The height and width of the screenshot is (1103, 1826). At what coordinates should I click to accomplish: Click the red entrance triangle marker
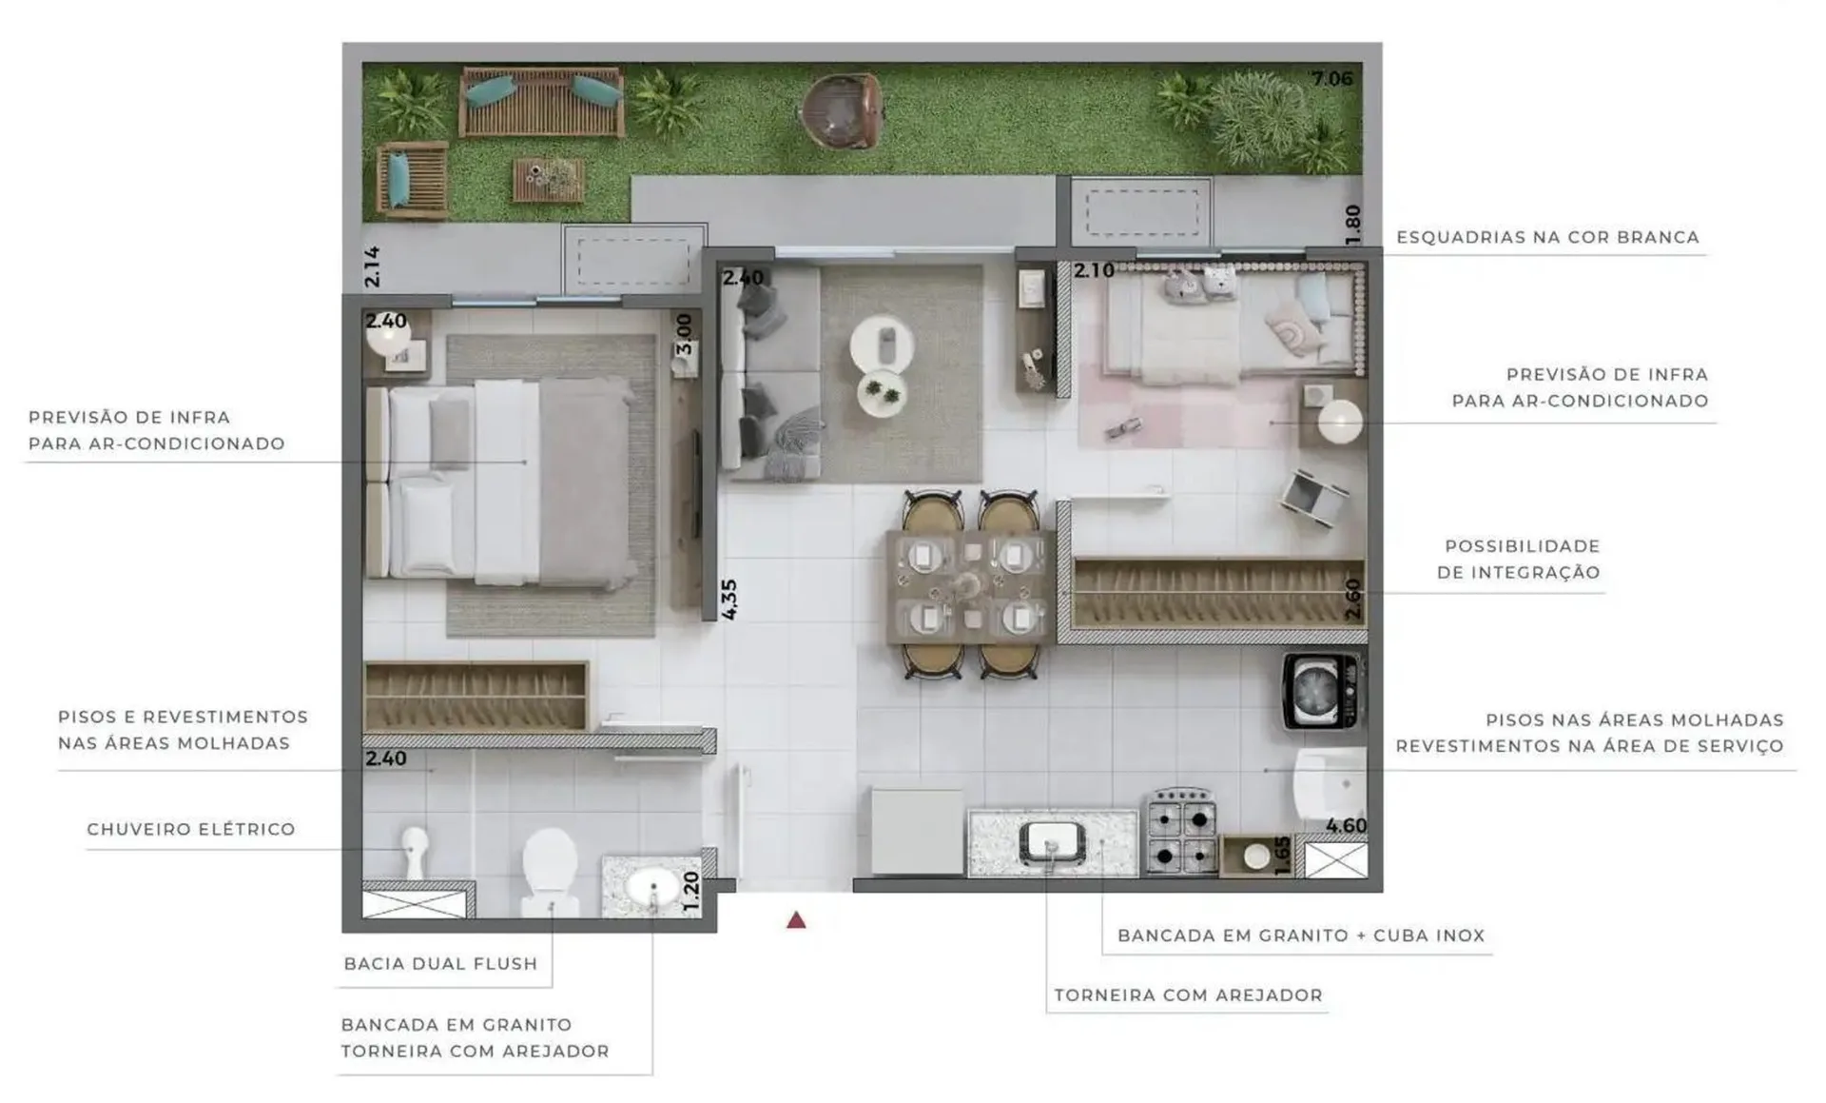(x=796, y=920)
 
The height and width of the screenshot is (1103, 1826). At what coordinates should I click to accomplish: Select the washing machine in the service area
(x=1320, y=691)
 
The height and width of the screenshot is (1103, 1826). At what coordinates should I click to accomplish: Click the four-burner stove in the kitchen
(x=1181, y=831)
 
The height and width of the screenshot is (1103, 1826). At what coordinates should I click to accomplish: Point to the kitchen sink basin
(x=1052, y=842)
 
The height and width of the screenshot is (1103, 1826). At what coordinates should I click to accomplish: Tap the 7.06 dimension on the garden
(x=1331, y=79)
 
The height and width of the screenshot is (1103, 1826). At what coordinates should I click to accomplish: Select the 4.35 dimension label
(x=729, y=600)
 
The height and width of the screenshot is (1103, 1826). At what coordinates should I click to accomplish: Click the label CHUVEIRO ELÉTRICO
(x=191, y=829)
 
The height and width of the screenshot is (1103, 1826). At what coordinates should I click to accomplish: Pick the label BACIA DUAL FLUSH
(x=440, y=963)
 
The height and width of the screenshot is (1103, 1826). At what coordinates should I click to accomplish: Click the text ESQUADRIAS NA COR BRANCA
(x=1547, y=237)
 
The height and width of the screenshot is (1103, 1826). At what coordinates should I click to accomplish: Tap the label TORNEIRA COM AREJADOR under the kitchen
(x=1188, y=995)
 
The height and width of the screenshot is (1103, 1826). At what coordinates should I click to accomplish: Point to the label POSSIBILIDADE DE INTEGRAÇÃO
(x=1519, y=560)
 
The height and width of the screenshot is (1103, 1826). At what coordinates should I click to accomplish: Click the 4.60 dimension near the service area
(x=1346, y=826)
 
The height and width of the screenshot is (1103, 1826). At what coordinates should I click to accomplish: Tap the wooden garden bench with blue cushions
(x=541, y=102)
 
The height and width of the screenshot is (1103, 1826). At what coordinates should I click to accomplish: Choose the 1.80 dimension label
(x=1352, y=225)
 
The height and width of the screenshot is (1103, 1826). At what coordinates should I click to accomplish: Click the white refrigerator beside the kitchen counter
(x=917, y=831)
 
